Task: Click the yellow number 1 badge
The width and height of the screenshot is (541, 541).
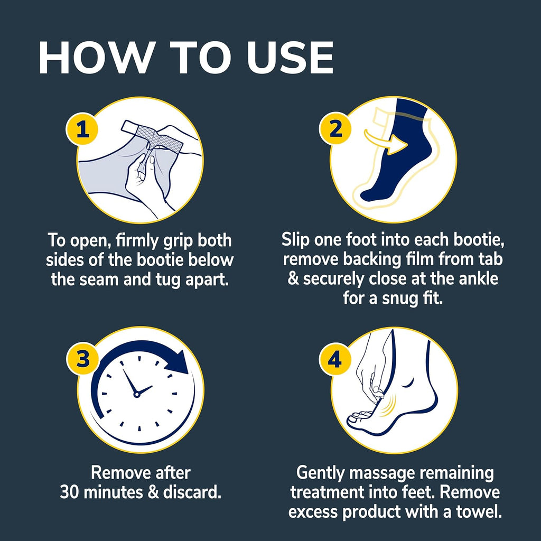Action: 82,129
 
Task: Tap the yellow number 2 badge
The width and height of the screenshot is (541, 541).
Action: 336,129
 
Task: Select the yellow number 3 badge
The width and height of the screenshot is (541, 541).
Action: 82,359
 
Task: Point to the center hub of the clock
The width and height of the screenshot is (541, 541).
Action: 137,394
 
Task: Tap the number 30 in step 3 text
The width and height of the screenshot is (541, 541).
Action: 71,492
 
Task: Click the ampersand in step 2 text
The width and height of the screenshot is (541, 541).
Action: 293,278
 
